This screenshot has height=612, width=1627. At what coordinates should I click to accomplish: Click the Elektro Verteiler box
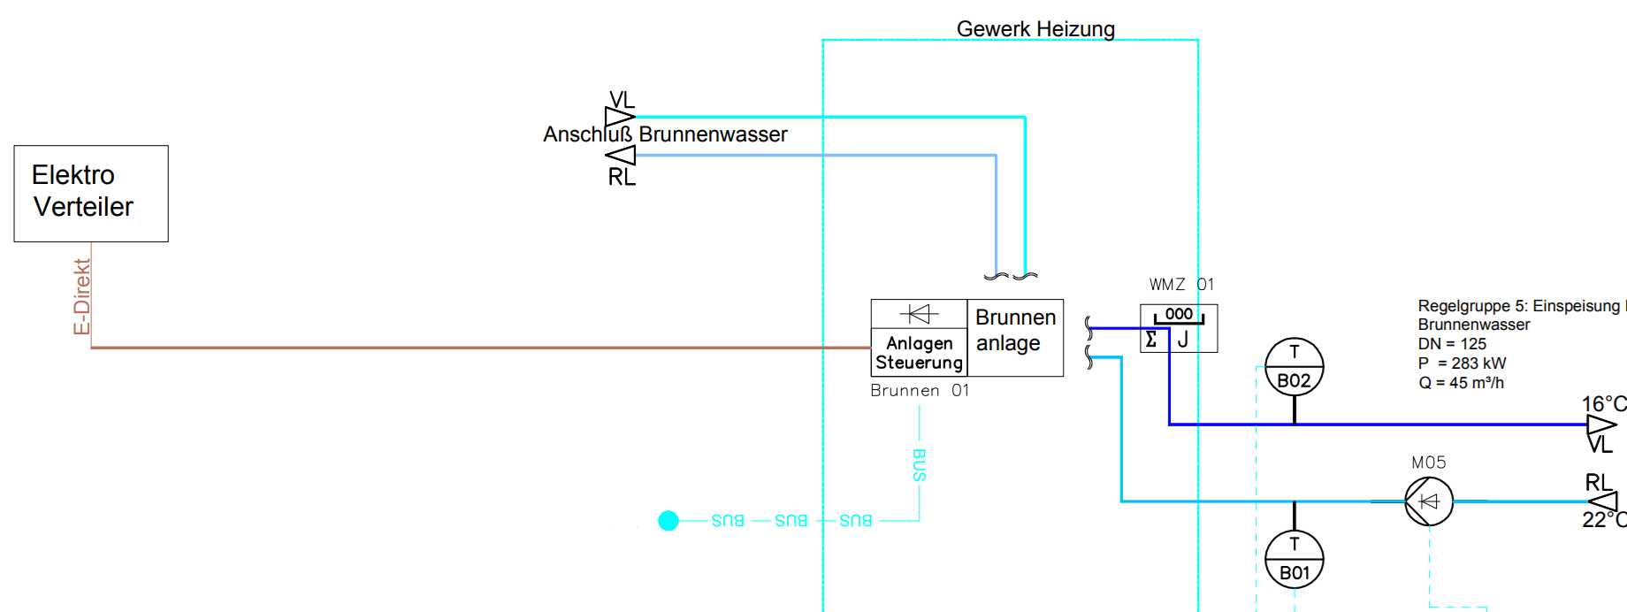click(x=91, y=193)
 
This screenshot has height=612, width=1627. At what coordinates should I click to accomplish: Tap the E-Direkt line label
click(x=81, y=296)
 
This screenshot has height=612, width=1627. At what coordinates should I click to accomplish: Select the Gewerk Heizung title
click(x=1035, y=29)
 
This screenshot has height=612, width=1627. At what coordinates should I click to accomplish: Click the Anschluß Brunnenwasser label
click(x=665, y=134)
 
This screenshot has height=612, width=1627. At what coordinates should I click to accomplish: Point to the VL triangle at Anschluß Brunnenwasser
click(x=620, y=117)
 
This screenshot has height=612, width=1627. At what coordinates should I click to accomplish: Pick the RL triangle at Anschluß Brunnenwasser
click(x=621, y=156)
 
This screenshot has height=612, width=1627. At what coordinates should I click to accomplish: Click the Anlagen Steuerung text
click(x=919, y=353)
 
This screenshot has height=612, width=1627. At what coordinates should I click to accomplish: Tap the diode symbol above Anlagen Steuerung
click(x=919, y=314)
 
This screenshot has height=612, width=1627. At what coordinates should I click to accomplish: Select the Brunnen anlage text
click(x=1015, y=330)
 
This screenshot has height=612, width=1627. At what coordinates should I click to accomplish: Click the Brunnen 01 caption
click(x=920, y=391)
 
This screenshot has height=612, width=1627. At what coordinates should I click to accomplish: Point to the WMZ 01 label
click(x=1181, y=285)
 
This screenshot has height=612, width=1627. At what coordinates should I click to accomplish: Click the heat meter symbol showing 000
click(x=1179, y=328)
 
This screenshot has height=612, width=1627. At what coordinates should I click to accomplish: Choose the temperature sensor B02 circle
click(x=1295, y=367)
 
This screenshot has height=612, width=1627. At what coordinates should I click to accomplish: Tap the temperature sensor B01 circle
click(x=1295, y=560)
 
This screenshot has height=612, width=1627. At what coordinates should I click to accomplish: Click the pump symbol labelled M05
click(x=1429, y=501)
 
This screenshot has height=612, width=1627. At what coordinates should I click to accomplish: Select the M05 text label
click(x=1429, y=463)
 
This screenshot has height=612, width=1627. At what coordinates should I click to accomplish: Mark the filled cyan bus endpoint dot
click(x=668, y=521)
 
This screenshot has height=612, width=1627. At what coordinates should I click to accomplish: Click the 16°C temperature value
click(x=1603, y=404)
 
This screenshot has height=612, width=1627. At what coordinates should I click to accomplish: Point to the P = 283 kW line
click(x=1462, y=363)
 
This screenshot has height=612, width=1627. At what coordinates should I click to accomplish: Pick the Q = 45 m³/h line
click(x=1461, y=383)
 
